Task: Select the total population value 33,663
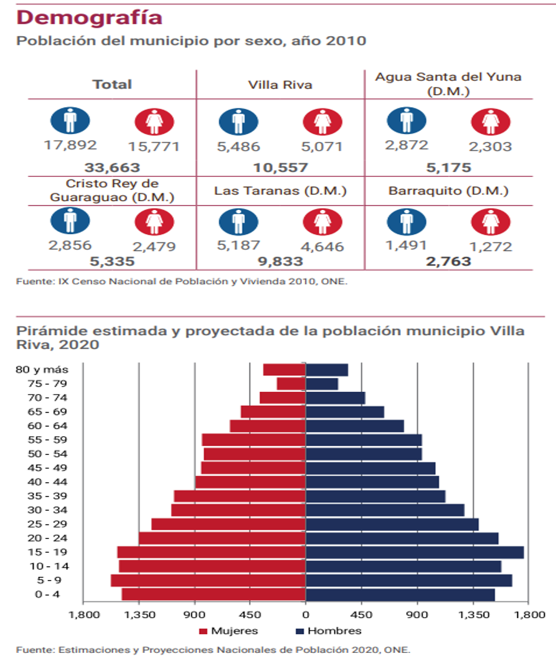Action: (113, 168)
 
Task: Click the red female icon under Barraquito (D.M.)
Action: (491, 221)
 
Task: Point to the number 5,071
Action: (323, 148)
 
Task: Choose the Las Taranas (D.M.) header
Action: (280, 191)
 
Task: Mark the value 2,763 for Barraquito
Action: (448, 262)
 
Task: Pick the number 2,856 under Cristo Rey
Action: (70, 245)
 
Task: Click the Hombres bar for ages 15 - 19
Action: (415, 553)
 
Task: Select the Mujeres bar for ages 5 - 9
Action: (208, 581)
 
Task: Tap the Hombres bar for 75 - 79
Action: (322, 384)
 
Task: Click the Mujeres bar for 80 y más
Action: (285, 369)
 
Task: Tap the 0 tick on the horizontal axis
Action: (306, 615)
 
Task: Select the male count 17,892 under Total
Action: (70, 145)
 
